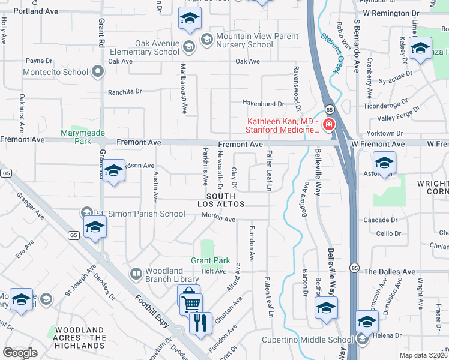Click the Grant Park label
211,261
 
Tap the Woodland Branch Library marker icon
136,274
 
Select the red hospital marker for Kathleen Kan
328,125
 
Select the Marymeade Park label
76,137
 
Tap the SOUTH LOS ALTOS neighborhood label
225,200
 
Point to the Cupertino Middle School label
307,340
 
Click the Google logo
20,353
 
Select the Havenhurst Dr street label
262,102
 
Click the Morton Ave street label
218,219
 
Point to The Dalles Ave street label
390,272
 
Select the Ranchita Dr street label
124,92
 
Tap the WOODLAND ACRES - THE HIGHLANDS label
80,338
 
